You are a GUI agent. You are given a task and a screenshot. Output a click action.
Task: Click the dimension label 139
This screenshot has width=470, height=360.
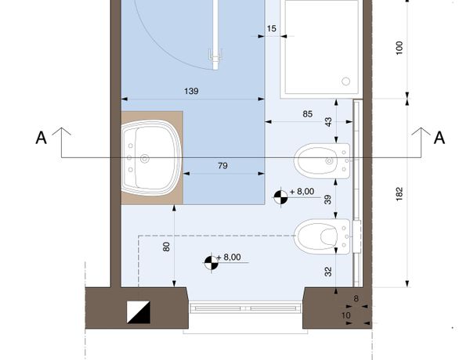(191, 91)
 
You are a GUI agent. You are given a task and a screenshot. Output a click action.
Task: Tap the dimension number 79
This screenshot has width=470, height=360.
(222, 166)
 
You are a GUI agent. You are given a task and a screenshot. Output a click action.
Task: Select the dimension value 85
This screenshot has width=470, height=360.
(308, 114)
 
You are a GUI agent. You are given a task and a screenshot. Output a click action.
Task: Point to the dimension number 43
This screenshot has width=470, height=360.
(328, 122)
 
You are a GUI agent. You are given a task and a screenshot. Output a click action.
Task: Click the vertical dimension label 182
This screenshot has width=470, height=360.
(399, 194)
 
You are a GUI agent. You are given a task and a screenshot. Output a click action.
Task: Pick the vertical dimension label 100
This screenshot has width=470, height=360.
(399, 48)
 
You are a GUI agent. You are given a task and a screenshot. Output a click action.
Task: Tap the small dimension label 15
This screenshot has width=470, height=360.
(271, 29)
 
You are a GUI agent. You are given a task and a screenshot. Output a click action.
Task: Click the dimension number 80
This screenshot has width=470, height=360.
(166, 247)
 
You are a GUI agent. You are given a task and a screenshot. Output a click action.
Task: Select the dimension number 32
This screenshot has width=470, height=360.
(328, 272)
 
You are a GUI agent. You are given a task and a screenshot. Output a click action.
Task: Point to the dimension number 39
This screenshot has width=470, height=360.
(328, 200)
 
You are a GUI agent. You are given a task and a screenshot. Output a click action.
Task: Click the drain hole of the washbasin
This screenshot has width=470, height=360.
(145, 159)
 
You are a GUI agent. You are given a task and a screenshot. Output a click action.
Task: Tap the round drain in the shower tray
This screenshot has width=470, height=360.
(346, 81)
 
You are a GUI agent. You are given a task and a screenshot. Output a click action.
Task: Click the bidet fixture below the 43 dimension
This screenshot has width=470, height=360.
(322, 161)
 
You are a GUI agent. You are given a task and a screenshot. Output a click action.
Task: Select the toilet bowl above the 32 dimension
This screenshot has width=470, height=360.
(322, 236)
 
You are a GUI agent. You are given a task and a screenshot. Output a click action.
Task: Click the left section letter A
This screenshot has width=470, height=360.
(42, 138)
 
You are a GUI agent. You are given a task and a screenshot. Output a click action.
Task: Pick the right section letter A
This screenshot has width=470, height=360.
(439, 138)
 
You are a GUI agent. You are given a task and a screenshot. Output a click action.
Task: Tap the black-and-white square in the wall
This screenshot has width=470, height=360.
(138, 312)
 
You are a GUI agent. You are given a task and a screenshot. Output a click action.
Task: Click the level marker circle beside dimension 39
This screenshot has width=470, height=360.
(280, 197)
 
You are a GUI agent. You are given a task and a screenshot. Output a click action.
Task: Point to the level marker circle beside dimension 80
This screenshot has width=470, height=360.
(211, 262)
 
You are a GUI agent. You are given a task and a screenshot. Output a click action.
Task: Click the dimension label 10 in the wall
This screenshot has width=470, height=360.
(346, 315)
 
